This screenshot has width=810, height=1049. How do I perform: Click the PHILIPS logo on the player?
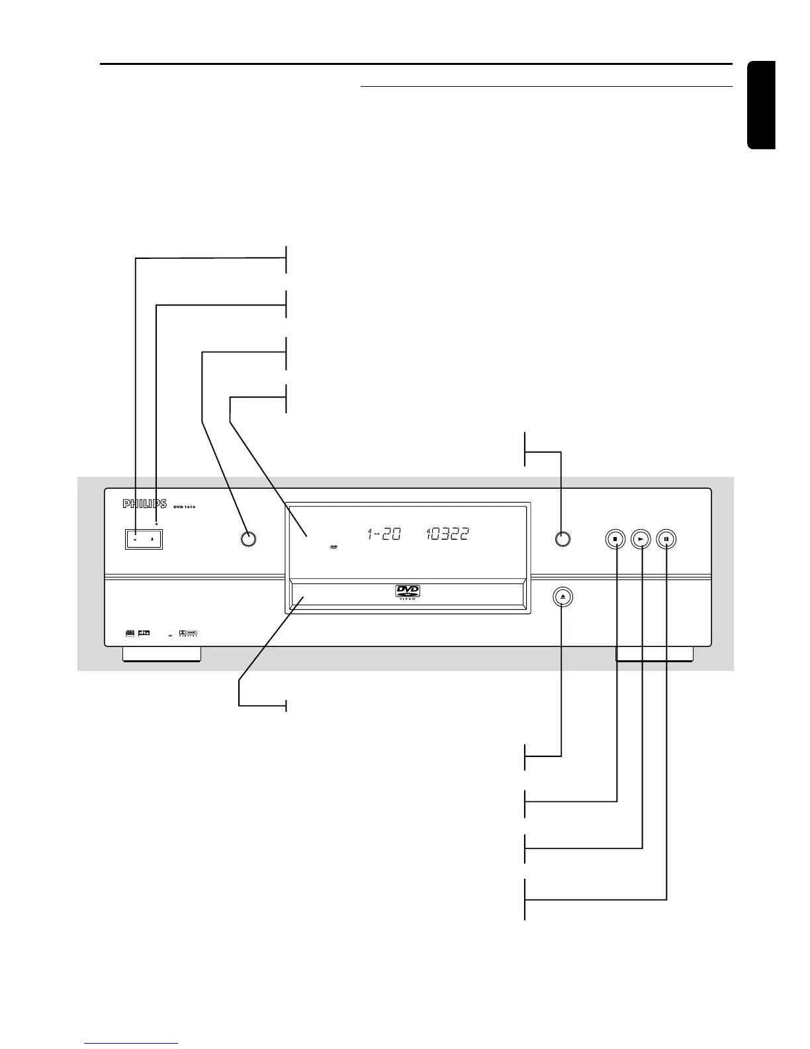144,505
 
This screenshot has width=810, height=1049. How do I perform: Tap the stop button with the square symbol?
615,539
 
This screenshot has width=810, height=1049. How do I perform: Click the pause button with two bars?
666,539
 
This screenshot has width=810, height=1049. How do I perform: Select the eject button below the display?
562,597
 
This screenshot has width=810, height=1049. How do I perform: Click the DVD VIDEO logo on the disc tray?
408,593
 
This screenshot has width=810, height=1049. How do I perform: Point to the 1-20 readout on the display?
384,534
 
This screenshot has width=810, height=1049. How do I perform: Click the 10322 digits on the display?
448,534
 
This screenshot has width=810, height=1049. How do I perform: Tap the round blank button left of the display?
247,539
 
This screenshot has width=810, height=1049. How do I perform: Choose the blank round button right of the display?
562,539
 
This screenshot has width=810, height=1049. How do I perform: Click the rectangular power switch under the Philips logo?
144,539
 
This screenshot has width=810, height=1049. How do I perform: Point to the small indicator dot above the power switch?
157,524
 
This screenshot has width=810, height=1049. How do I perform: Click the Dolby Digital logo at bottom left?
189,633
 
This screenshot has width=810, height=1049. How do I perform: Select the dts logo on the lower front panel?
144,633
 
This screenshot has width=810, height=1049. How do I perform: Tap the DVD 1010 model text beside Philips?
181,507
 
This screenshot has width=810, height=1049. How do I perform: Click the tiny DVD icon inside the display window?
334,548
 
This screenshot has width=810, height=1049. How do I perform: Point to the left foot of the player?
161,654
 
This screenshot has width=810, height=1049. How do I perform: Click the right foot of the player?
654,654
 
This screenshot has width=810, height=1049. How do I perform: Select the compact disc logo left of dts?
130,633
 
